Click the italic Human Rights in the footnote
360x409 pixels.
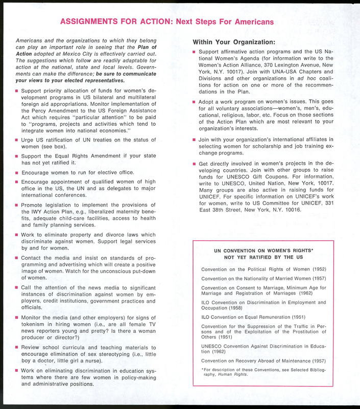(x=234, y=375)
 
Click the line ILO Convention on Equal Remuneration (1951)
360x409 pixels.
(x=253, y=317)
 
